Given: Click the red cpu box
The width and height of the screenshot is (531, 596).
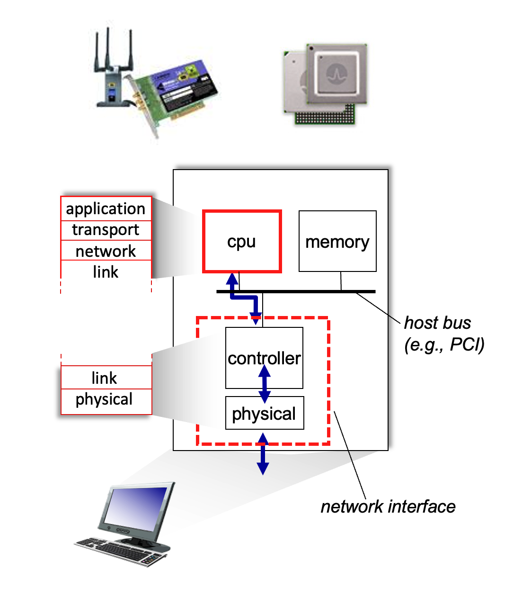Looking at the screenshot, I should click(x=242, y=242).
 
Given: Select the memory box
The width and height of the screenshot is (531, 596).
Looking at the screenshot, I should click(x=337, y=242).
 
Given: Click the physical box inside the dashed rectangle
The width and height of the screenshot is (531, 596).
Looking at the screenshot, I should click(x=264, y=414).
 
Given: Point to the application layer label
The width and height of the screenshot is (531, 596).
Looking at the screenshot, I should click(x=106, y=208).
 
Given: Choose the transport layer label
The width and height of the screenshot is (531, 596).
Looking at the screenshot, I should click(x=106, y=230).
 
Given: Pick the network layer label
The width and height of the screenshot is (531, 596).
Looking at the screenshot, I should click(x=106, y=251).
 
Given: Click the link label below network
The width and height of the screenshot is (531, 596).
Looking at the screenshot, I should click(x=106, y=272).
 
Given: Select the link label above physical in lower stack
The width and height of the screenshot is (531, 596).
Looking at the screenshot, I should click(x=105, y=378).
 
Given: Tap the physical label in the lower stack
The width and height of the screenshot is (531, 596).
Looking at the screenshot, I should click(x=104, y=399).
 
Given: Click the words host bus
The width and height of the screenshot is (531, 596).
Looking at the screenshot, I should click(x=437, y=323).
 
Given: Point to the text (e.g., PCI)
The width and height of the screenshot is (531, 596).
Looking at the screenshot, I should click(x=444, y=344).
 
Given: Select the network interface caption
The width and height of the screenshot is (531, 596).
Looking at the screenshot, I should click(x=388, y=506).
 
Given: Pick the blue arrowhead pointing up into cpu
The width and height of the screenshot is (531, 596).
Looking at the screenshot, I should click(x=232, y=279).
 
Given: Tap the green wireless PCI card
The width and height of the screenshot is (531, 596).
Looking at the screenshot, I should click(x=175, y=95).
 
